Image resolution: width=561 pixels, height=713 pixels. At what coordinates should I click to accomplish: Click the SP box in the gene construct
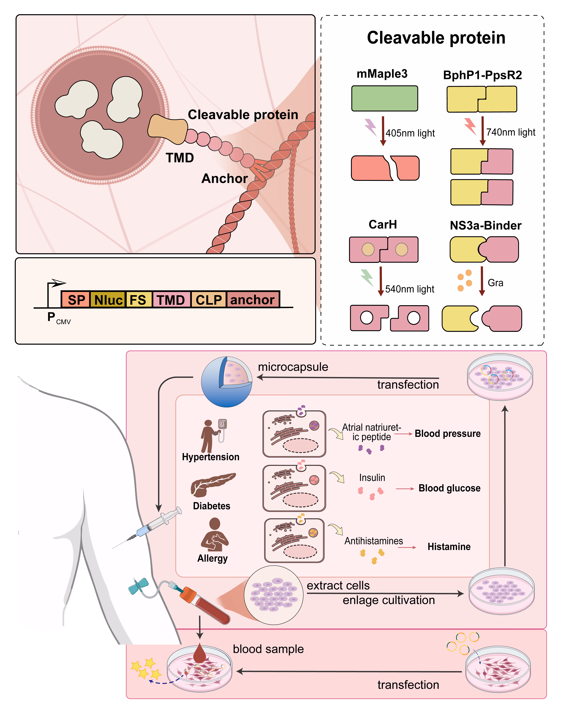tap(76, 300)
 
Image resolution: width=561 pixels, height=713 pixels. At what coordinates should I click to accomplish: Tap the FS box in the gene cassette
tap(138, 300)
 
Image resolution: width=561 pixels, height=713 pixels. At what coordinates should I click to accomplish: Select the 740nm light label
tap(511, 132)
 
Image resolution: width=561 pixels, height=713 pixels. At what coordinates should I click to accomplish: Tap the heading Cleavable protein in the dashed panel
tap(436, 38)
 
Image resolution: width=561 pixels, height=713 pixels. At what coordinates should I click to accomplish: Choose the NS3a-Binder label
tap(485, 225)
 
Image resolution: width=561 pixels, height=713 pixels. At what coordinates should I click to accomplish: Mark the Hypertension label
tap(211, 457)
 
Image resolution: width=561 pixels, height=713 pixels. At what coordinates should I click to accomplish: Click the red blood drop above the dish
tap(199, 654)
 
